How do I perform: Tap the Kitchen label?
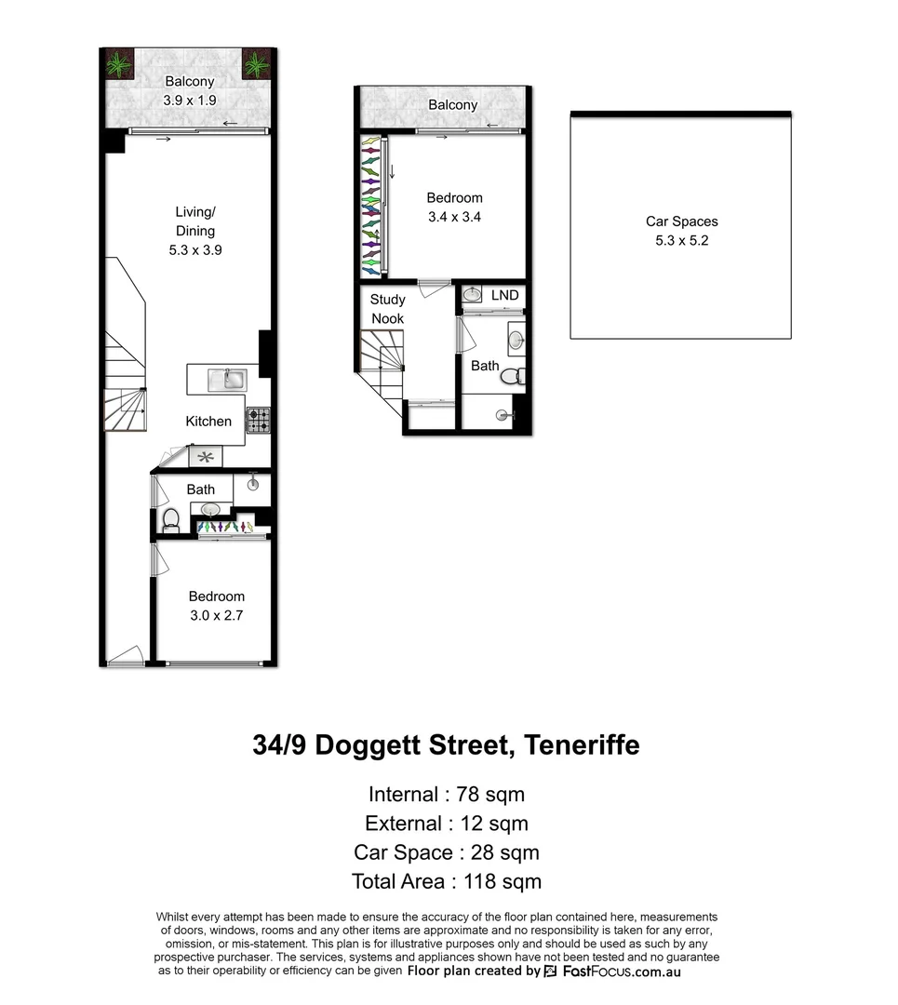tap(208, 422)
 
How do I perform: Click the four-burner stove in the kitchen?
tap(258, 421)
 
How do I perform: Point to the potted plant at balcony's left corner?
tap(117, 66)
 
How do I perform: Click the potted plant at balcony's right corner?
tap(256, 64)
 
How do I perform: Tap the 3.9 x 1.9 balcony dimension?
tap(189, 100)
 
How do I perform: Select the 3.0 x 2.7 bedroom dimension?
tap(216, 615)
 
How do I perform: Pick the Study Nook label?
tap(387, 309)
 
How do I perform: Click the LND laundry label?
tap(505, 296)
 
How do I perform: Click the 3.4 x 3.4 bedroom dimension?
tap(454, 216)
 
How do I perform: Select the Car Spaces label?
tap(682, 221)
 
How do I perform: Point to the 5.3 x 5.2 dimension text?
tap(682, 240)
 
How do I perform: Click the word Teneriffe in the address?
tap(582, 745)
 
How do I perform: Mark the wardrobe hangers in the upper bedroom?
tap(371, 207)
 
